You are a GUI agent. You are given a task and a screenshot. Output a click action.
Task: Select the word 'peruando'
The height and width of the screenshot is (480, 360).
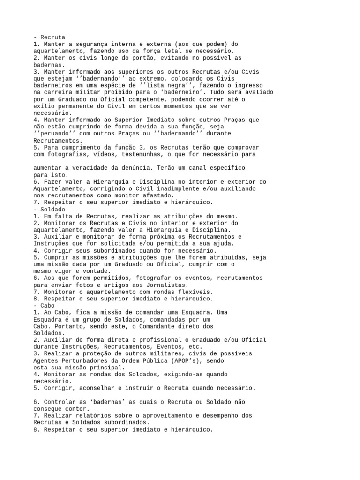coord(58,133)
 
